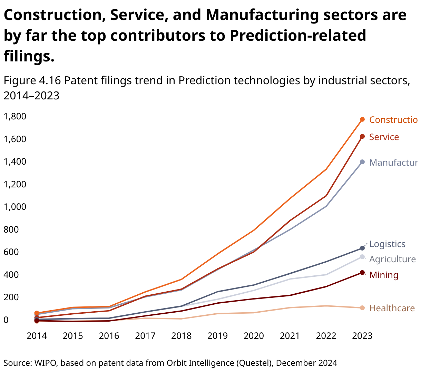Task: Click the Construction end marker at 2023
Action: [x=362, y=119]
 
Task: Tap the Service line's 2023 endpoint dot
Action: [x=362, y=137]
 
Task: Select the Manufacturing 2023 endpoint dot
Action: [x=362, y=162]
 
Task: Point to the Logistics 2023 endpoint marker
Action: [x=362, y=248]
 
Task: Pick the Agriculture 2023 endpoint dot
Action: [x=362, y=257]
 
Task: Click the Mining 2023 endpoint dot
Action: [x=362, y=273]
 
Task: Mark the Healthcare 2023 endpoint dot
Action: [x=362, y=308]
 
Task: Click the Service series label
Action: [x=384, y=137]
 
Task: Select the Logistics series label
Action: [x=387, y=244]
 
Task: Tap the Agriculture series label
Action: [x=392, y=259]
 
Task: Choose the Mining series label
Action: [x=384, y=275]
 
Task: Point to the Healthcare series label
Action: [x=392, y=308]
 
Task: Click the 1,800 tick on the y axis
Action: [x=15, y=116]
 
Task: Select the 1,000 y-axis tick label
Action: [x=15, y=207]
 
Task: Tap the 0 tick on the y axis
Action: [x=6, y=320]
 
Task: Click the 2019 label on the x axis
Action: [x=217, y=336]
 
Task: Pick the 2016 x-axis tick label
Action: [x=109, y=336]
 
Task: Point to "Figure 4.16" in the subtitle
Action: [x=32, y=80]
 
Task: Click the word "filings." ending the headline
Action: [x=29, y=56]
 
